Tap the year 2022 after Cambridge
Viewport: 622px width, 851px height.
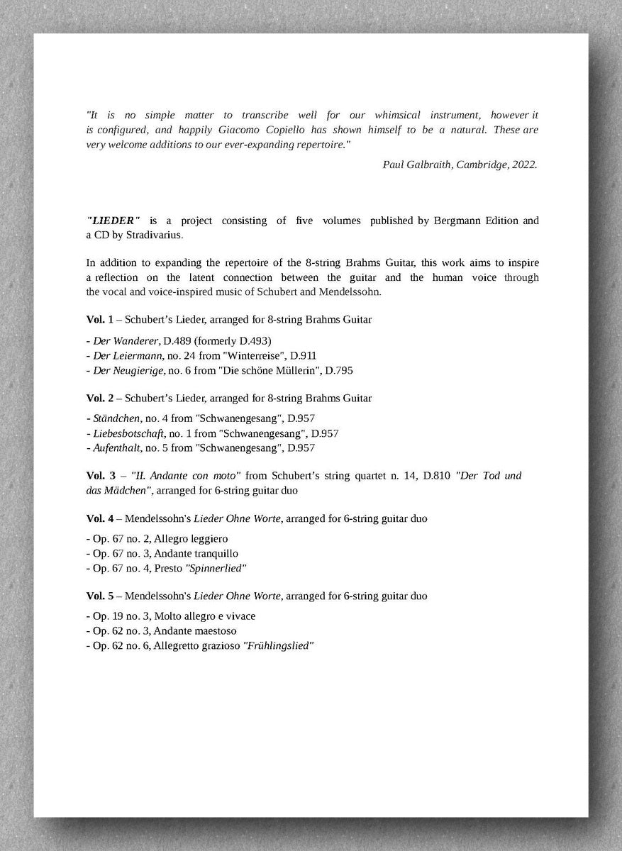click(x=523, y=165)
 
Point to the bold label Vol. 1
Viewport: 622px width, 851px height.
click(x=97, y=319)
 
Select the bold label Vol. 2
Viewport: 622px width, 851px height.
click(x=97, y=398)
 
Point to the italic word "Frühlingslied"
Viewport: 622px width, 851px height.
click(x=278, y=646)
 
